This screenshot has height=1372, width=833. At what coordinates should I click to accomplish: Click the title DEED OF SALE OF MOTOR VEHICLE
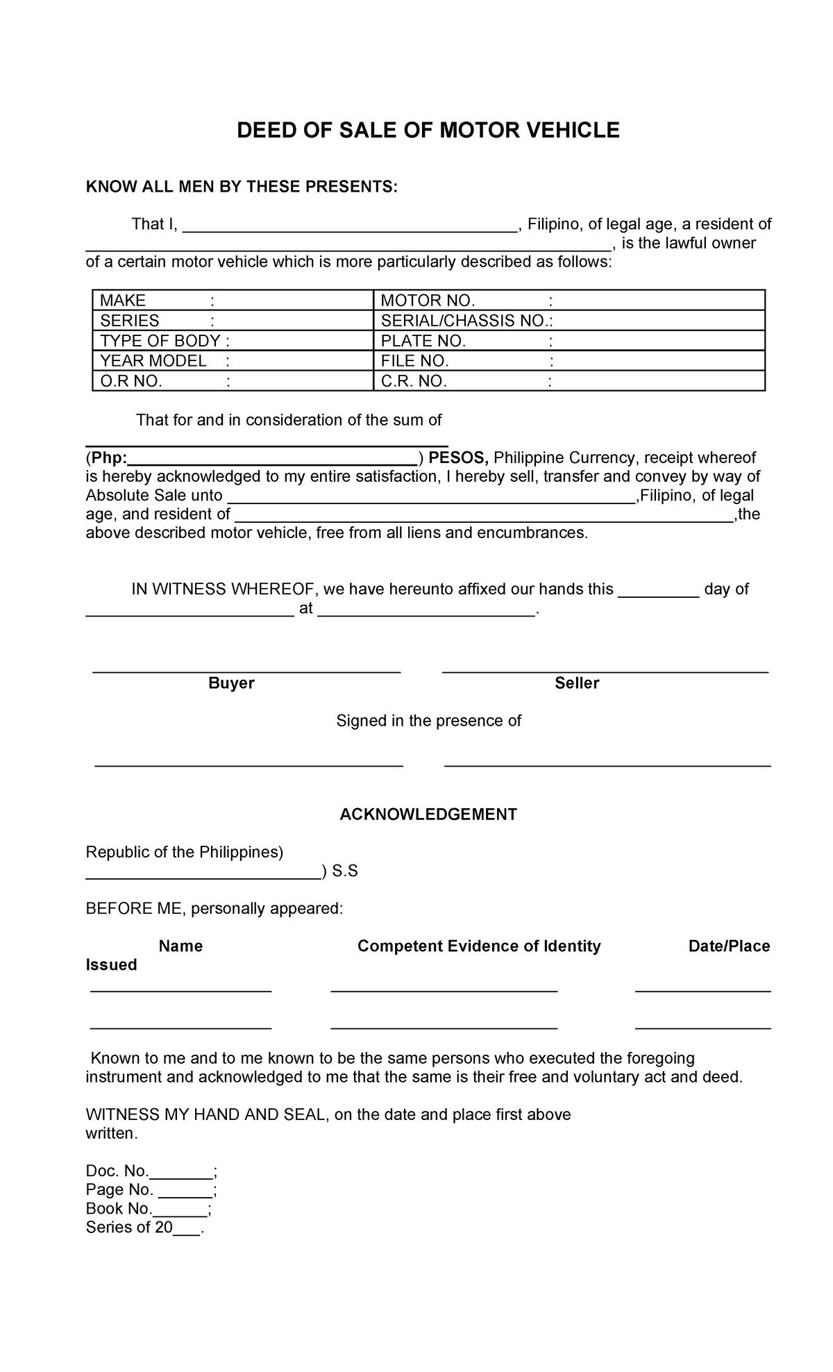[x=428, y=130]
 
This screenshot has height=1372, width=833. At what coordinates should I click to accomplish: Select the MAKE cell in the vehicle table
[x=233, y=301]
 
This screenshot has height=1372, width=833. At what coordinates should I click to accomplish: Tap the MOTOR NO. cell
[x=569, y=301]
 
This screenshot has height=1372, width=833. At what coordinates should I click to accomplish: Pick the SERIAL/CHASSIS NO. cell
[x=569, y=321]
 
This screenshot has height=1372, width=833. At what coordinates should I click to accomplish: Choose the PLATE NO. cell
[x=569, y=341]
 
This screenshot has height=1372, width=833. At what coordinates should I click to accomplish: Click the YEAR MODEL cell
[x=233, y=361]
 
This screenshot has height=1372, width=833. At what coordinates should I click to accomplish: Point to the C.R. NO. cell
[x=569, y=381]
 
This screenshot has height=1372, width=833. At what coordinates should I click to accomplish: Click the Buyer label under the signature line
[x=231, y=683]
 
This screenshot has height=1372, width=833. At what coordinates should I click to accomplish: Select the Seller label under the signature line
[x=577, y=683]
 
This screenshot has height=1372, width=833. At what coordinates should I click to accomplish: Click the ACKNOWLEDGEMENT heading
[x=428, y=814]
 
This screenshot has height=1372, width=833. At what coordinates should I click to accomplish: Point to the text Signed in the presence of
[x=428, y=721]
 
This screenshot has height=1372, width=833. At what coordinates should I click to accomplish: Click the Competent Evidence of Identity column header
[x=479, y=946]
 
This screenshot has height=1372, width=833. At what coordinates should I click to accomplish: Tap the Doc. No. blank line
[x=181, y=1172]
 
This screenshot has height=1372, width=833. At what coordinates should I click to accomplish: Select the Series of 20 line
[x=144, y=1228]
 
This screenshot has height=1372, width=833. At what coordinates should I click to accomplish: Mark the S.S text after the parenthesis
[x=345, y=871]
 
